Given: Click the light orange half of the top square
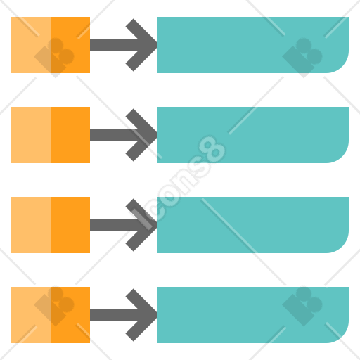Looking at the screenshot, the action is tap(31, 45).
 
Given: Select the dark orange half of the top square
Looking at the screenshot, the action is tap(70, 45).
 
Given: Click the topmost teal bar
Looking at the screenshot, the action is tap(253, 45).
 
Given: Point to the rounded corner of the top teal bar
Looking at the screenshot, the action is tap(342, 66).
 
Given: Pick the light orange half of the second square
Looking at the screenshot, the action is tap(31, 135).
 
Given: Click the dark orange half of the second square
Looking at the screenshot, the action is tap(70, 135).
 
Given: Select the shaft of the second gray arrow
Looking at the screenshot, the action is tap(115, 135).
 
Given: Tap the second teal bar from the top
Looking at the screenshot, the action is tap(253, 135).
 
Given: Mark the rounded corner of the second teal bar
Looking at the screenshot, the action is tap(342, 156).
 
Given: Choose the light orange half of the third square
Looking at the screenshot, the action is tap(31, 225).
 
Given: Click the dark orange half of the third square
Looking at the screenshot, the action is tap(70, 225).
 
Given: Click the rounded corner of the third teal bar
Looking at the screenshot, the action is tap(342, 246).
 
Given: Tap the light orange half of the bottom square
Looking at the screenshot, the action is tap(31, 315).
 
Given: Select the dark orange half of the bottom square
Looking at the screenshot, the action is tap(70, 315).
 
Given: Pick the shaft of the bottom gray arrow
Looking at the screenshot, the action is tap(115, 315).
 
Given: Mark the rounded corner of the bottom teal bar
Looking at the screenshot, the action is tap(342, 336).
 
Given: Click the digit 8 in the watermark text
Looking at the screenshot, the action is tap(212, 149).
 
